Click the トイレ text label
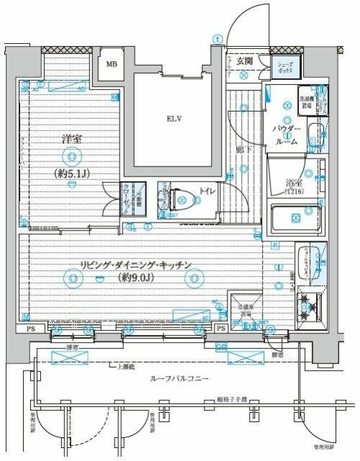click(205, 192)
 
